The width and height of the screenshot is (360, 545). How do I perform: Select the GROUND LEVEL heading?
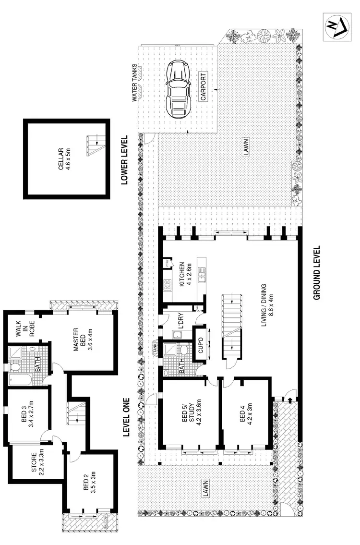[x=317, y=273]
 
